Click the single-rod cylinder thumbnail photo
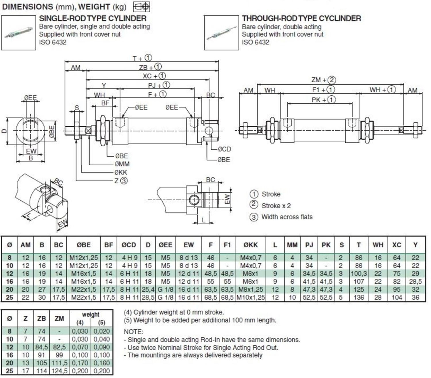18,33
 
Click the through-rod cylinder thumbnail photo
221,33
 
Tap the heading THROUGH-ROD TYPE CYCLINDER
301,19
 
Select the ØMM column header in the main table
292,245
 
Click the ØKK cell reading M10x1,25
251,297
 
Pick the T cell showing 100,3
359,274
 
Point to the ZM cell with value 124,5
59,371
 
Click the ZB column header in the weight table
42,318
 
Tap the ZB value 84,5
42,347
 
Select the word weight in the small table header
91,314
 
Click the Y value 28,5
415,282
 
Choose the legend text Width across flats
287,217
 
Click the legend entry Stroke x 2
276,206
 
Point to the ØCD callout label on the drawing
224,149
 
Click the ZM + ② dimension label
324,80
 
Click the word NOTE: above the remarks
133,332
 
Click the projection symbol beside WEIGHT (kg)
142,7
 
